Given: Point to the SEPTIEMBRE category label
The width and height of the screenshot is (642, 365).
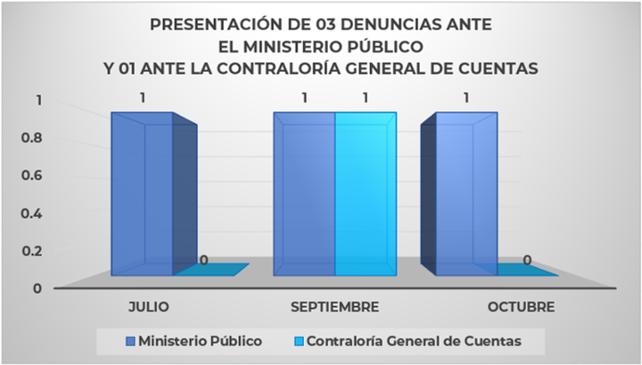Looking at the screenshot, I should pos(335,307).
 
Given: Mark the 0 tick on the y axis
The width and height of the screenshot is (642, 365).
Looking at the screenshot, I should pos(37,288).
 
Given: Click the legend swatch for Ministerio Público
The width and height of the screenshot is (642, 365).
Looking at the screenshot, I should pos(130,340).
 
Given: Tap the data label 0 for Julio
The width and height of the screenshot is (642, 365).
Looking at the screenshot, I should pos(204,261).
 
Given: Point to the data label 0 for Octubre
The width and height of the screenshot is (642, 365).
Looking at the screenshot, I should pos(527,261).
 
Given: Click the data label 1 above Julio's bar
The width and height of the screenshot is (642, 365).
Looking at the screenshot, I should pos(143,98).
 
